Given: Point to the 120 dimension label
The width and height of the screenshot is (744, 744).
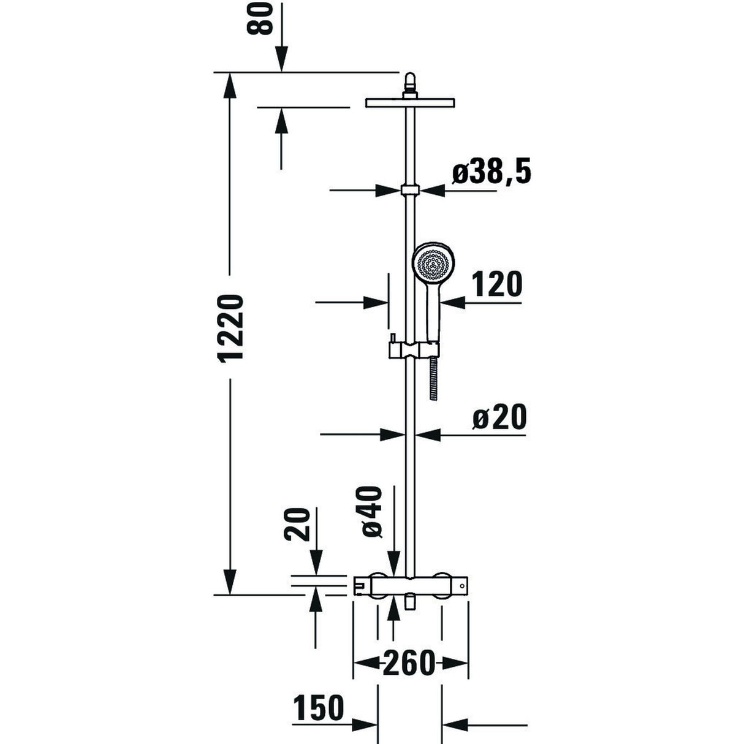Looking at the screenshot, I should tap(497, 284).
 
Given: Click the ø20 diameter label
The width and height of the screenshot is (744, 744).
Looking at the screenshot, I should tap(499, 418).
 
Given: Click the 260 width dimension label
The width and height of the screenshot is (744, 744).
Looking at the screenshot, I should tap(409, 662).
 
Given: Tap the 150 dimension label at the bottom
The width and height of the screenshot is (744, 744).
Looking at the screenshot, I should tap(318, 708).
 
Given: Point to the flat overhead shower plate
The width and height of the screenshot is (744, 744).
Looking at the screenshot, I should tap(410, 102).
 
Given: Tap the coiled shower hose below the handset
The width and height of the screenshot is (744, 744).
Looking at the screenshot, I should tap(434, 378).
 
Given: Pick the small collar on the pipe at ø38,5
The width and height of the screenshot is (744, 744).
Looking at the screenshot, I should tap(410, 189).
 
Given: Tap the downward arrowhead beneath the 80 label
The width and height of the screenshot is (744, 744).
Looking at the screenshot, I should tap(281, 62).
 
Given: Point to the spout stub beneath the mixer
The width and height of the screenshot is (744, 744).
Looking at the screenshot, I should tap(410, 604).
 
